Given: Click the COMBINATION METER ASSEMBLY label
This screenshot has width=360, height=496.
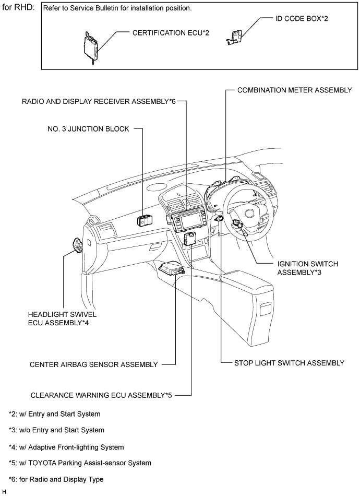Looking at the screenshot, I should (294, 90).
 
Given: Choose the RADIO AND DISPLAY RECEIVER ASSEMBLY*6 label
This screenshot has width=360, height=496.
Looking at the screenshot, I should (99, 101).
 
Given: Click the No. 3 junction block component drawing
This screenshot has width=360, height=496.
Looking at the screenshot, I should (146, 220).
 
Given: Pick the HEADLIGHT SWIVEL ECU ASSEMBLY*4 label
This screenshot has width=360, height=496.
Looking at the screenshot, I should (63, 318).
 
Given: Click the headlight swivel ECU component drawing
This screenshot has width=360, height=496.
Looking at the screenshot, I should (77, 245).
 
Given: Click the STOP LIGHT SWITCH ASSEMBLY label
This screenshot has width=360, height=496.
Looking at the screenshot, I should (290, 363).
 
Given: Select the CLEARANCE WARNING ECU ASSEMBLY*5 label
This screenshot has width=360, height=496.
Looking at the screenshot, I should (101, 395).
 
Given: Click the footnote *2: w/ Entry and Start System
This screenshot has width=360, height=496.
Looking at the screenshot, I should (55, 414).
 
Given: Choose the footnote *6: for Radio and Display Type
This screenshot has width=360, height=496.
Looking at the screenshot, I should (56, 479).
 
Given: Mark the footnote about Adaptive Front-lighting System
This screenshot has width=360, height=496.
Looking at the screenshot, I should (66, 447).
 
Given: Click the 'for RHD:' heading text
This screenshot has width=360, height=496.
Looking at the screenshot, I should (19, 8).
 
